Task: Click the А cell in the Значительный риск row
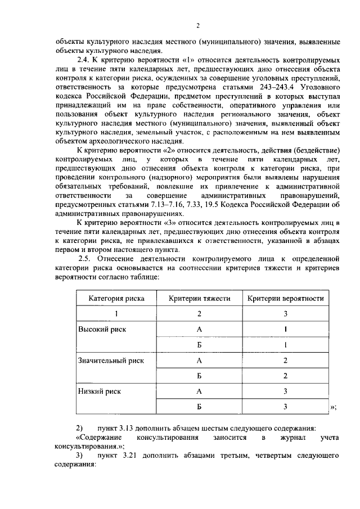[x=199, y=359]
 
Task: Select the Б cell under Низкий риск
[x=199, y=406]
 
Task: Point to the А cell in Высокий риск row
[x=199, y=329]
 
